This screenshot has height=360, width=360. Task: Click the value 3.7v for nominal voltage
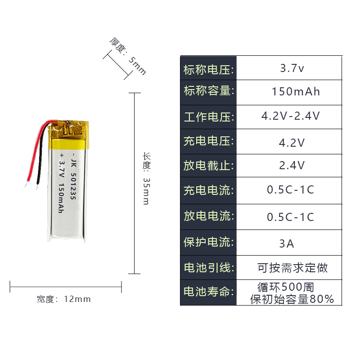coord(292,68)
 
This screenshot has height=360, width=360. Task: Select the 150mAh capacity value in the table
coord(296,92)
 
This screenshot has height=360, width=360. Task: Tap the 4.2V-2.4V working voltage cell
coord(291,116)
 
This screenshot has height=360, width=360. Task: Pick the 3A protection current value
coord(287,244)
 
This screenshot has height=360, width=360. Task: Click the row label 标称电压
coord(208,70)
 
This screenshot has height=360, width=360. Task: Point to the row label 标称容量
coord(208,91)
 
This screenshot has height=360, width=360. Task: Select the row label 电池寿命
coord(208,292)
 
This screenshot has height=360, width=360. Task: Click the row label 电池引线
coord(208,268)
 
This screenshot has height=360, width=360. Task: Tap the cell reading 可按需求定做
coord(292,268)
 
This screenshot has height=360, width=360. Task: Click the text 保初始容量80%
coord(292,299)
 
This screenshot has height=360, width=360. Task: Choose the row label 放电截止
coord(208,166)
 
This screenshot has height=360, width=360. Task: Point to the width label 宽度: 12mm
coord(64,299)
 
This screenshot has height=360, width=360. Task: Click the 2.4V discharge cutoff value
coord(292,166)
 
